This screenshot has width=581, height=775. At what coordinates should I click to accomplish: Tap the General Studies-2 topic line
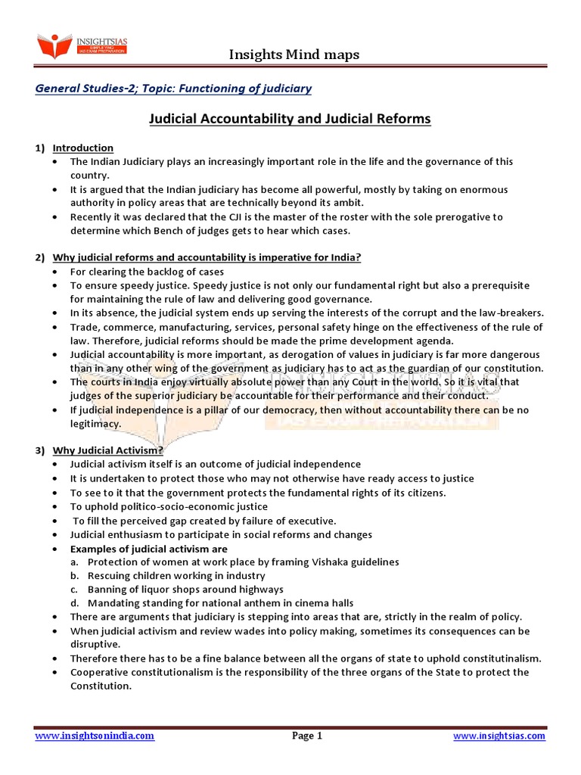173,89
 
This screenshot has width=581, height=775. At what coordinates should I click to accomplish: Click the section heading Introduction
82,148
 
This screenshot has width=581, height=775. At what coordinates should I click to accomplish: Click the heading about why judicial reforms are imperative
207,257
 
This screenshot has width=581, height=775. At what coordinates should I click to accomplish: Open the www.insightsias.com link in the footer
499,736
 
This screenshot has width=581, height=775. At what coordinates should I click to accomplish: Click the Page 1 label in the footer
307,736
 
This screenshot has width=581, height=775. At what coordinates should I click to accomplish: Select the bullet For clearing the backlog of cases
147,272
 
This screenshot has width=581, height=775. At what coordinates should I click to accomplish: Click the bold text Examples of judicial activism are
148,549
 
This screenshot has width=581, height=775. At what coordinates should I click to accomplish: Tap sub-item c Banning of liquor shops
185,590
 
